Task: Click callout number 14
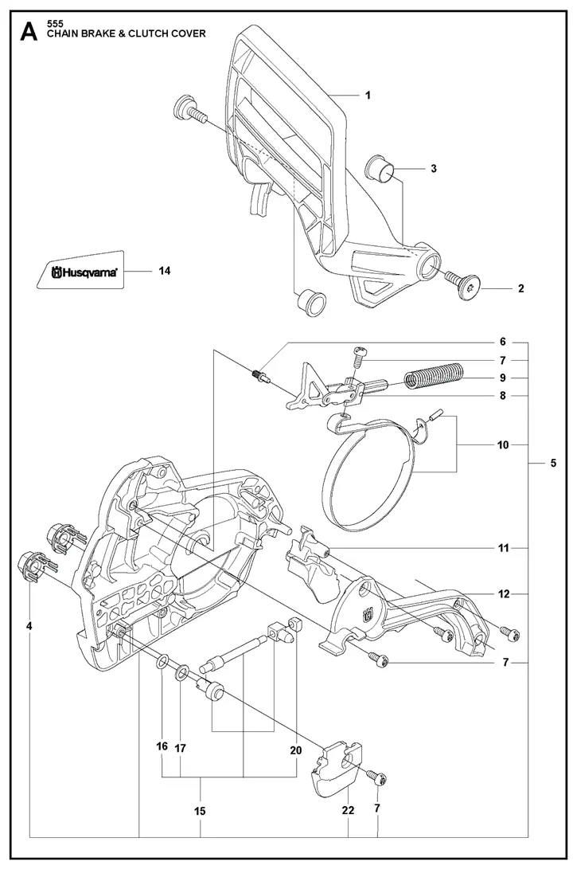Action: click(x=165, y=271)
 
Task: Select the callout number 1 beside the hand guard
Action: click(x=368, y=95)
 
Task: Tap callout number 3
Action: click(x=434, y=168)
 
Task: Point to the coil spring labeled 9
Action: click(x=435, y=375)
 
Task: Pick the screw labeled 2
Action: click(x=466, y=286)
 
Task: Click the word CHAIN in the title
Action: click(x=66, y=33)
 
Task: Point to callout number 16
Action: click(x=162, y=747)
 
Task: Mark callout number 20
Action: click(x=297, y=748)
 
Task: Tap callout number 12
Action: click(x=503, y=593)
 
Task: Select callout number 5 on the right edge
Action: click(x=552, y=464)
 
